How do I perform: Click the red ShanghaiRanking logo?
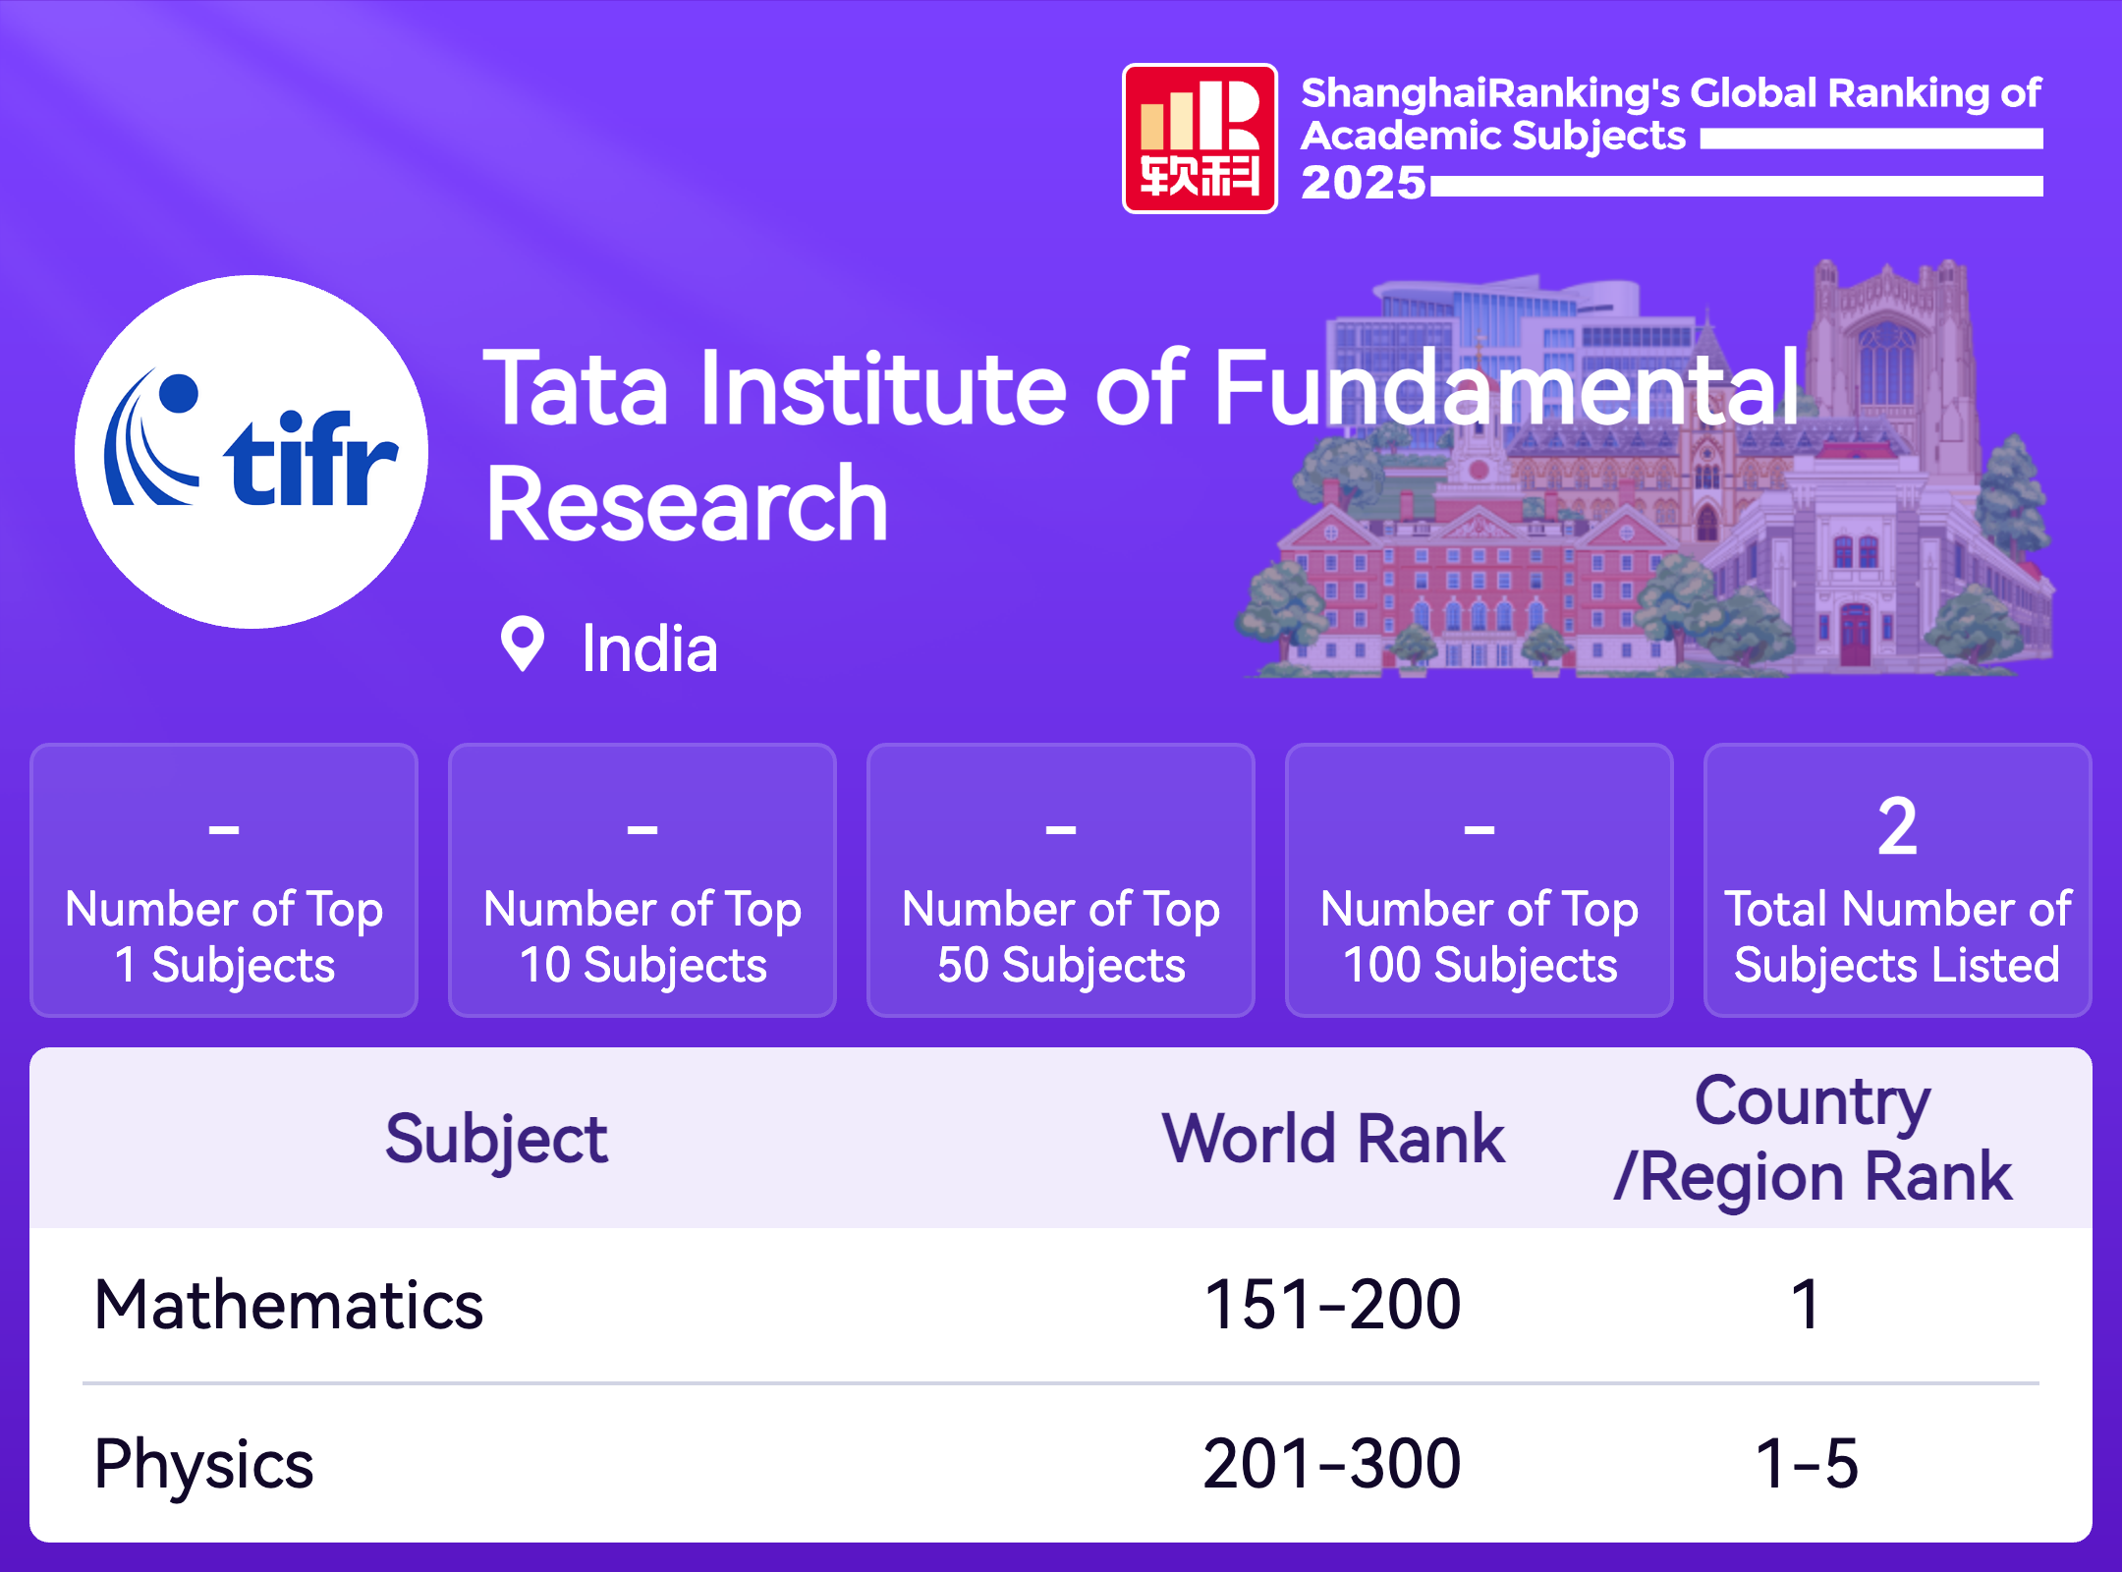click(1200, 139)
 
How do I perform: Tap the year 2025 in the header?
click(1364, 183)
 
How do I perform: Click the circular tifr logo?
click(251, 452)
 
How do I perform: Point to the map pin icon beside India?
click(523, 645)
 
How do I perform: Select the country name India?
click(649, 648)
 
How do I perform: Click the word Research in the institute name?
click(688, 505)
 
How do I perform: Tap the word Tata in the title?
click(577, 389)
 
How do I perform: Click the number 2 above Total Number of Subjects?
click(1897, 827)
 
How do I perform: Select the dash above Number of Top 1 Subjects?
click(224, 830)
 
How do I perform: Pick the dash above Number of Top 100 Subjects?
click(1480, 830)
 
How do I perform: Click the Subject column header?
click(496, 1140)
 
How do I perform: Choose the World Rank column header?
click(1333, 1139)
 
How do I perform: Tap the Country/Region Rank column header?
click(1813, 1139)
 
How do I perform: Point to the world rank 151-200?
click(1333, 1305)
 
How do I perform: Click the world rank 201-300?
click(1333, 1464)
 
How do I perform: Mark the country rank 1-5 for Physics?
click(1808, 1464)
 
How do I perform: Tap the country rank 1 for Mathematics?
click(1806, 1305)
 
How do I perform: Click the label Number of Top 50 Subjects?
click(1061, 937)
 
